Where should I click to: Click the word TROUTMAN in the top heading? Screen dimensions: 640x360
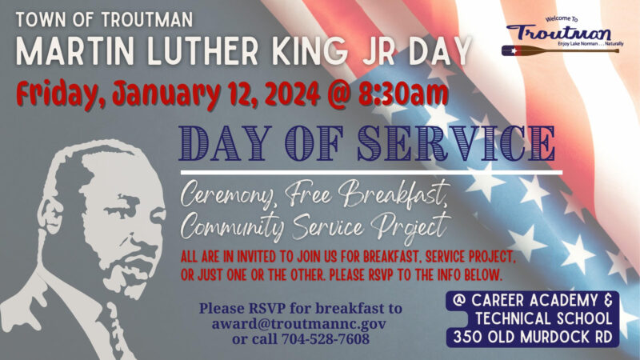click(147, 19)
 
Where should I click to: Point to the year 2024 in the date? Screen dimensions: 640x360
click(292, 94)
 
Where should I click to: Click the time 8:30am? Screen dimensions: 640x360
click(403, 94)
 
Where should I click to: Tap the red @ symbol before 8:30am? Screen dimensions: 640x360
click(339, 94)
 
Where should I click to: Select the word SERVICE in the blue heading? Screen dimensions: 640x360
click(456, 143)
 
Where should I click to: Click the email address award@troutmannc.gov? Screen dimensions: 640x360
click(298, 324)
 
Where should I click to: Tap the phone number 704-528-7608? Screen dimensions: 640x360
click(326, 338)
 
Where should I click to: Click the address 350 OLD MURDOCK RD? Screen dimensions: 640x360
click(533, 337)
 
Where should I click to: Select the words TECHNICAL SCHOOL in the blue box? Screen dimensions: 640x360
click(544, 318)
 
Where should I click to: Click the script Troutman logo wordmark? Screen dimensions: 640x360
click(558, 33)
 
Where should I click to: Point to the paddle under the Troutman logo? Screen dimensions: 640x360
click(560, 51)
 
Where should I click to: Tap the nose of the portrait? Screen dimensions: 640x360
click(133, 230)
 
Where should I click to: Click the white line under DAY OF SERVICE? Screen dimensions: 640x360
click(371, 173)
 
